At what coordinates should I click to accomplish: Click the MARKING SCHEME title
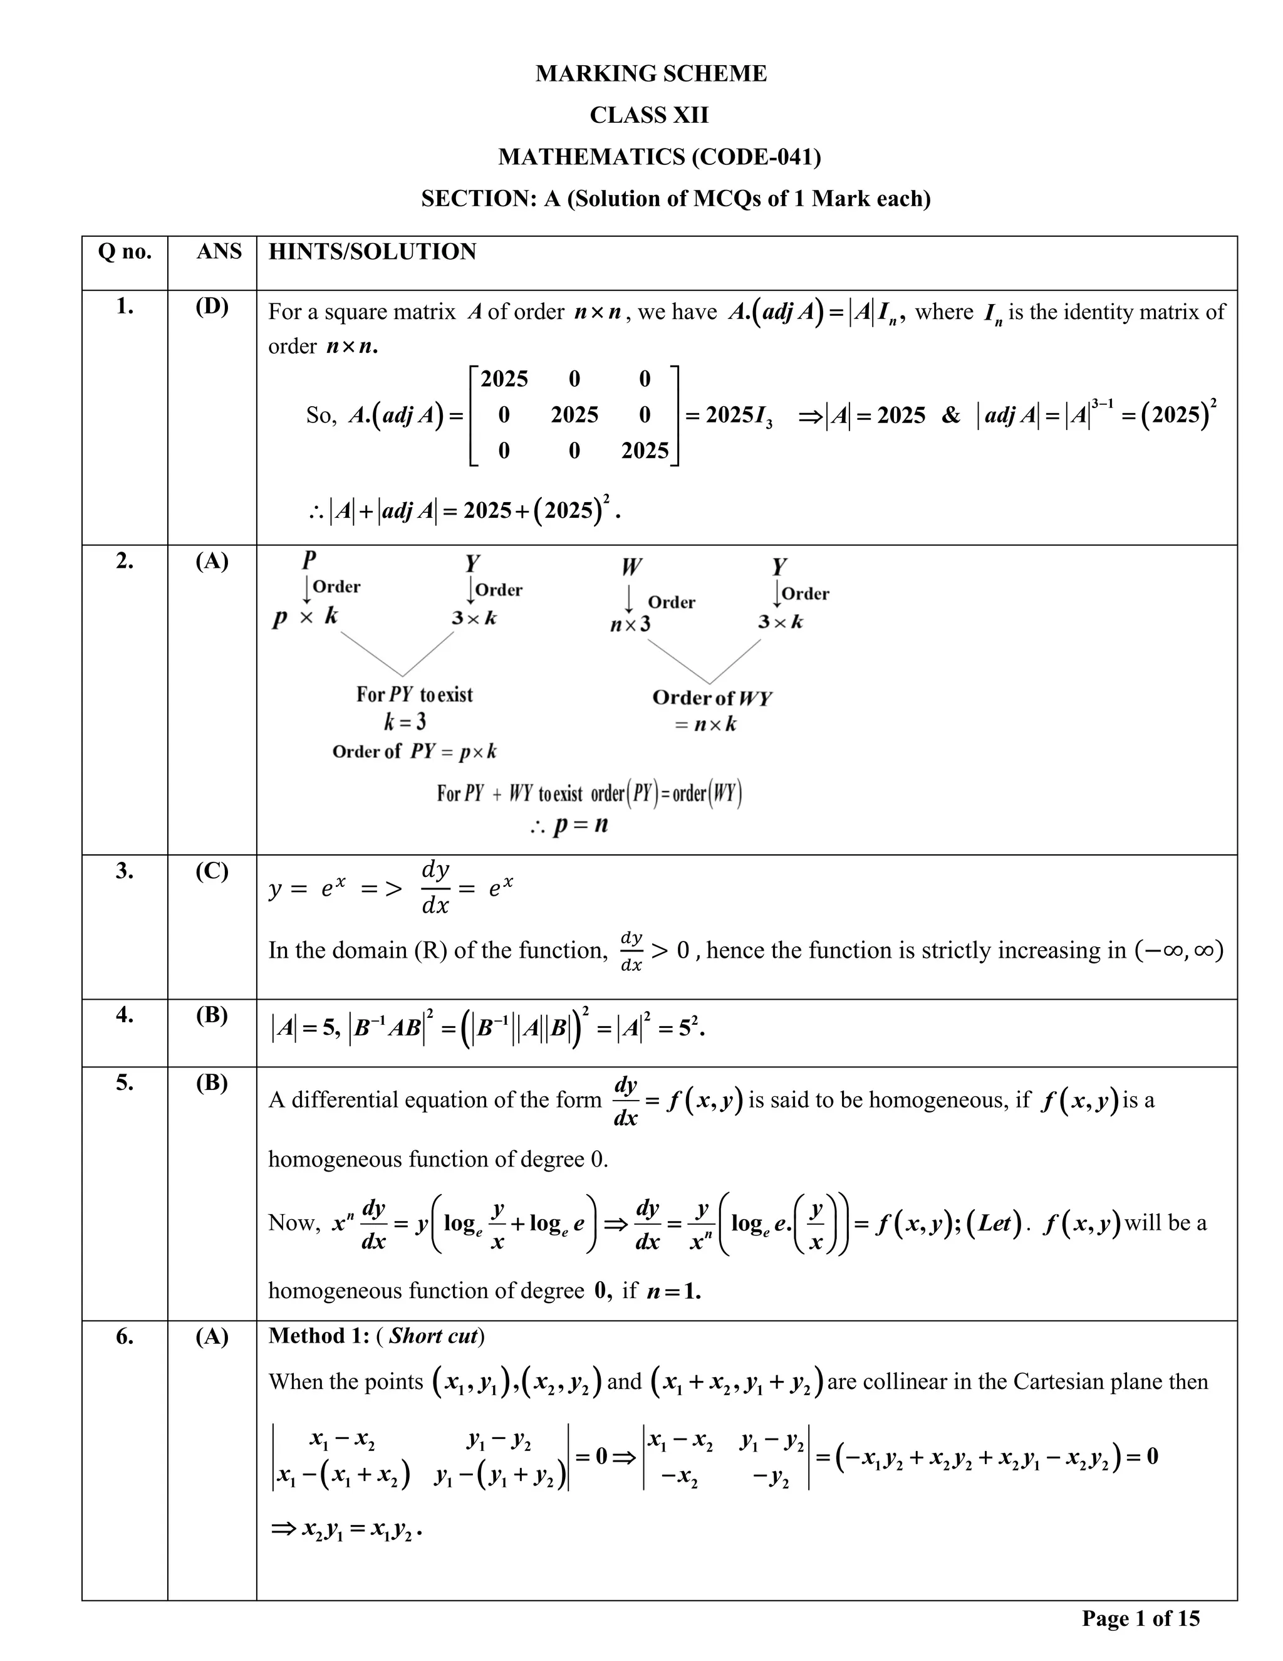pos(651,74)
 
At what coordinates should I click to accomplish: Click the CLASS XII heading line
pos(649,115)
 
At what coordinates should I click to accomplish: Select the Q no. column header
pos(125,252)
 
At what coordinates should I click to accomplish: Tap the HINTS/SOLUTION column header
pos(373,252)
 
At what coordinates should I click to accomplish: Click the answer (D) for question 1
pos(212,307)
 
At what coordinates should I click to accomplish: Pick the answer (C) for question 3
pos(212,871)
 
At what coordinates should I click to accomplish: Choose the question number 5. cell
pos(125,1082)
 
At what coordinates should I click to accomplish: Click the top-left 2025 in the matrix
pos(504,379)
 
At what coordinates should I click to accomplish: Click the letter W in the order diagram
pos(631,567)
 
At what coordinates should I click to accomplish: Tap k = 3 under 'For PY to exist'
pos(404,721)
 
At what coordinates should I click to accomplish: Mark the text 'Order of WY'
pos(712,698)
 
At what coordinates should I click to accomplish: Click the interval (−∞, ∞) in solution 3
pos(1179,951)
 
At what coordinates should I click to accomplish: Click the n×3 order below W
pos(630,625)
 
